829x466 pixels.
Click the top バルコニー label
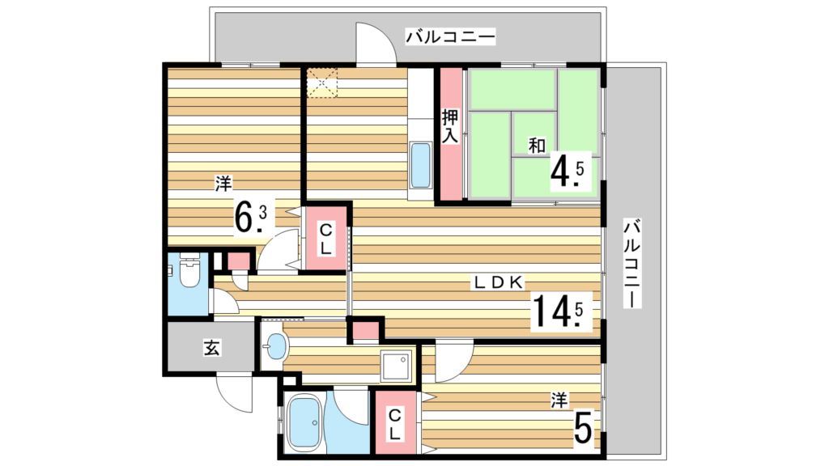point(450,36)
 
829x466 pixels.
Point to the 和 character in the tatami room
point(535,146)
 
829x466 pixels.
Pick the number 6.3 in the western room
point(251,216)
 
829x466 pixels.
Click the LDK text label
point(500,282)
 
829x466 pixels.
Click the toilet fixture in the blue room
point(188,273)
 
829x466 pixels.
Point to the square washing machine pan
point(397,367)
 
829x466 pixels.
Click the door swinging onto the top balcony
point(375,44)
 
